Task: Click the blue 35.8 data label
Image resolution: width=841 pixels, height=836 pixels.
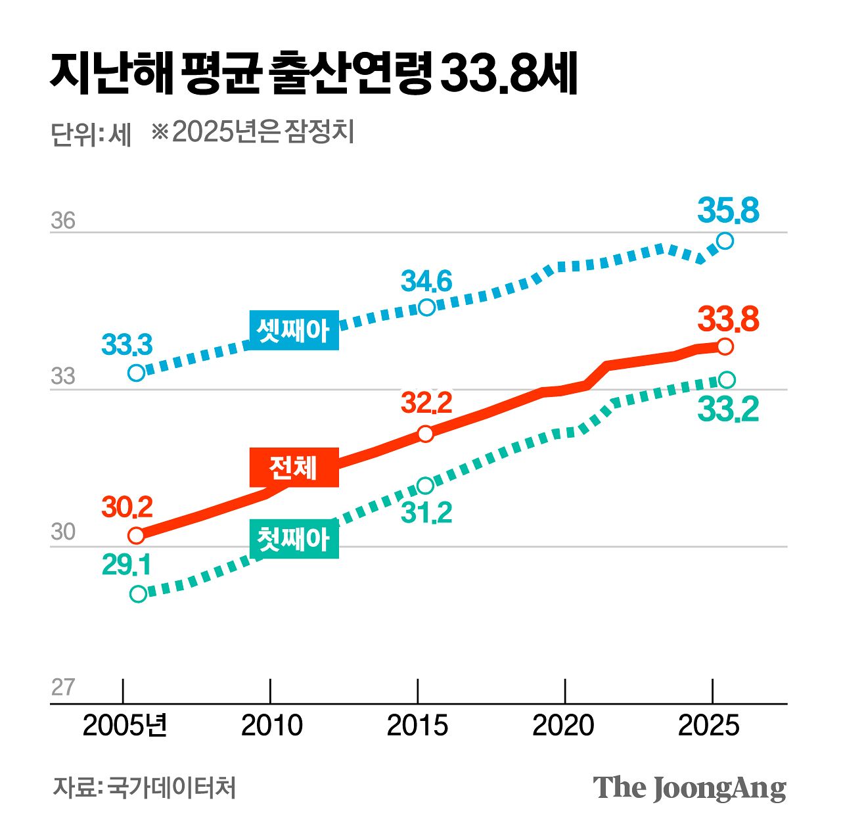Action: [728, 211]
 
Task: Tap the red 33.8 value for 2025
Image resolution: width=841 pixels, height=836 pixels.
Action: [728, 319]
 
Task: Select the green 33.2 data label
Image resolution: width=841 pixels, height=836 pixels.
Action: [728, 409]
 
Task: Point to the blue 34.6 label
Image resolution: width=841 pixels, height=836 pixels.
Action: [426, 282]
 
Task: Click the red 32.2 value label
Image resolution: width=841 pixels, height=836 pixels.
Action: [426, 403]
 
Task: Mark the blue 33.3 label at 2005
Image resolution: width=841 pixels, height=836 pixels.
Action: [127, 345]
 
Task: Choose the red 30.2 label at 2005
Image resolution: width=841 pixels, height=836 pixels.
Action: [127, 507]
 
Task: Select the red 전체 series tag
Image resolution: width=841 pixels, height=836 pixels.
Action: [294, 467]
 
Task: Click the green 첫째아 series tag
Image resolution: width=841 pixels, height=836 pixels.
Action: [294, 540]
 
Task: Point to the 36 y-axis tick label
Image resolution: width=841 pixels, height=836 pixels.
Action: [63, 221]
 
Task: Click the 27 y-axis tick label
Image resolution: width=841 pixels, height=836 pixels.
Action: [63, 687]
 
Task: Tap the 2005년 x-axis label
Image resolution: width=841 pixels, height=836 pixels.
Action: [125, 726]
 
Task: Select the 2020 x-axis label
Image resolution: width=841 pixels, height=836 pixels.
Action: [563, 726]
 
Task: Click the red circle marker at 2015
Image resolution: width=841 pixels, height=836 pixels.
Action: [426, 434]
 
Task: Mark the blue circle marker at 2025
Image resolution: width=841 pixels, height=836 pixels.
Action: [725, 241]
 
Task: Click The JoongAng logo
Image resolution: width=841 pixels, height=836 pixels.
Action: [689, 787]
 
